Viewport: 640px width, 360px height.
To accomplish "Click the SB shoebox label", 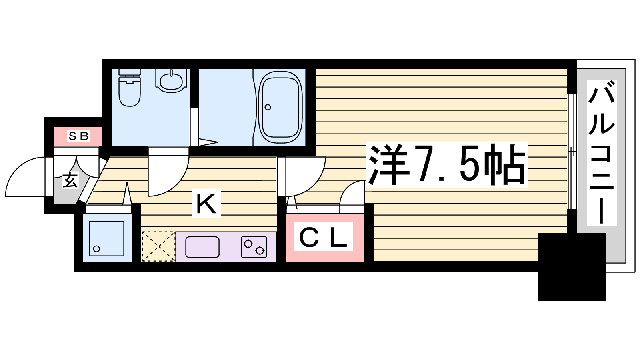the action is pos(78,136).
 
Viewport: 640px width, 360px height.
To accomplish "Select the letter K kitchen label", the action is pos(206,203).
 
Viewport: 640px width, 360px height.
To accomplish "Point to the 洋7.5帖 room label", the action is pos(447,165).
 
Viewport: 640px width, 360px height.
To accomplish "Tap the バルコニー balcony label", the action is pos(602,152).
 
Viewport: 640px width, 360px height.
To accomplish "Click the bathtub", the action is pos(280,108).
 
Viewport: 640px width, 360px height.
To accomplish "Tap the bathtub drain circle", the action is pos(268,108).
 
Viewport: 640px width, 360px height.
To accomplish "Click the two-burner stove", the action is pos(254,247).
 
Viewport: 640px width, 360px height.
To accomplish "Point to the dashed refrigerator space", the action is pos(158,246).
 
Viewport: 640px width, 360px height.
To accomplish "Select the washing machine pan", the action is pos(106,238).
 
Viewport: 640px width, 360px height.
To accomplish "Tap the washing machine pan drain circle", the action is pos(96,249).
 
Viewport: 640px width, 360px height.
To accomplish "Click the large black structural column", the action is pos(572,267).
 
